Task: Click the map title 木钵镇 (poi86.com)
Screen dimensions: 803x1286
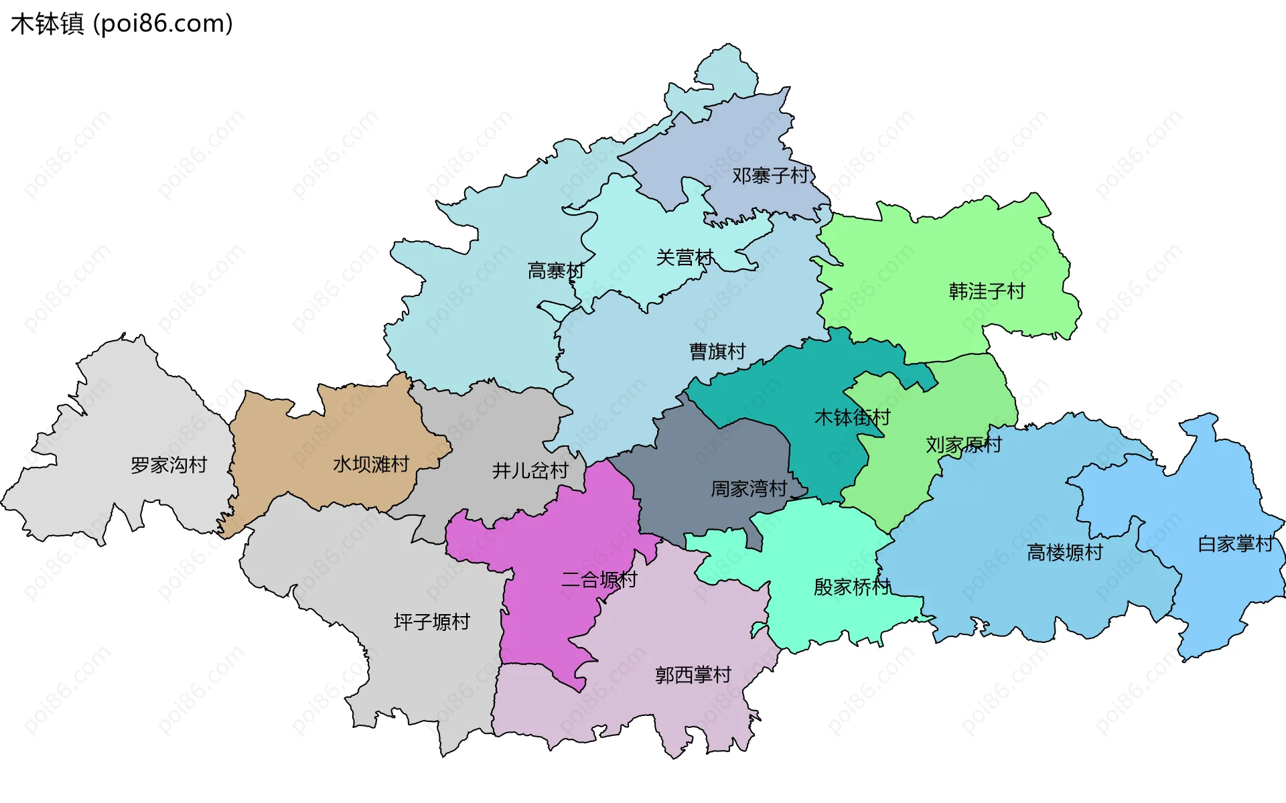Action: pyautogui.click(x=121, y=23)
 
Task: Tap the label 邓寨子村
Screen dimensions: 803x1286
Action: pyautogui.click(x=770, y=176)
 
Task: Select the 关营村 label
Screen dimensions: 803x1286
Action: pyautogui.click(x=685, y=258)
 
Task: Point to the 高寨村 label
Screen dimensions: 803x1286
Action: pyautogui.click(x=555, y=271)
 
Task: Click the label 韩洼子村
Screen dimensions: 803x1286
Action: pyautogui.click(x=987, y=291)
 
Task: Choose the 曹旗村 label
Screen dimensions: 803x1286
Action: pyautogui.click(x=717, y=352)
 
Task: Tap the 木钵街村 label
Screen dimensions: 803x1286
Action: pyautogui.click(x=852, y=418)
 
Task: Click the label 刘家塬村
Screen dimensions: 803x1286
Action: pyautogui.click(x=963, y=445)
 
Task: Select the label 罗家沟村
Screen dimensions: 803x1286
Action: pyautogui.click(x=169, y=465)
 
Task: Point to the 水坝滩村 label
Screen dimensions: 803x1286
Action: pyautogui.click(x=370, y=464)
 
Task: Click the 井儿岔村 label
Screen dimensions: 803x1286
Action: pyautogui.click(x=530, y=471)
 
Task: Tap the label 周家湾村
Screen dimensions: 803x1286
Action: pyautogui.click(x=748, y=489)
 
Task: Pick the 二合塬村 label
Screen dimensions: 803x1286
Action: pyautogui.click(x=599, y=579)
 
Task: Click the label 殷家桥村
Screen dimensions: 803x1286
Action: pyautogui.click(x=851, y=587)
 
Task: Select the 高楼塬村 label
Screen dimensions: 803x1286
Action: pyautogui.click(x=1064, y=553)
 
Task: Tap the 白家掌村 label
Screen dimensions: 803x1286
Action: pyautogui.click(x=1235, y=544)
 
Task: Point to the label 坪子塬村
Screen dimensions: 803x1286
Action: pyautogui.click(x=431, y=622)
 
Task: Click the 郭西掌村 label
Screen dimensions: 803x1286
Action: pyautogui.click(x=693, y=675)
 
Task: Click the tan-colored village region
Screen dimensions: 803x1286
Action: pyautogui.click(x=362, y=429)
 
